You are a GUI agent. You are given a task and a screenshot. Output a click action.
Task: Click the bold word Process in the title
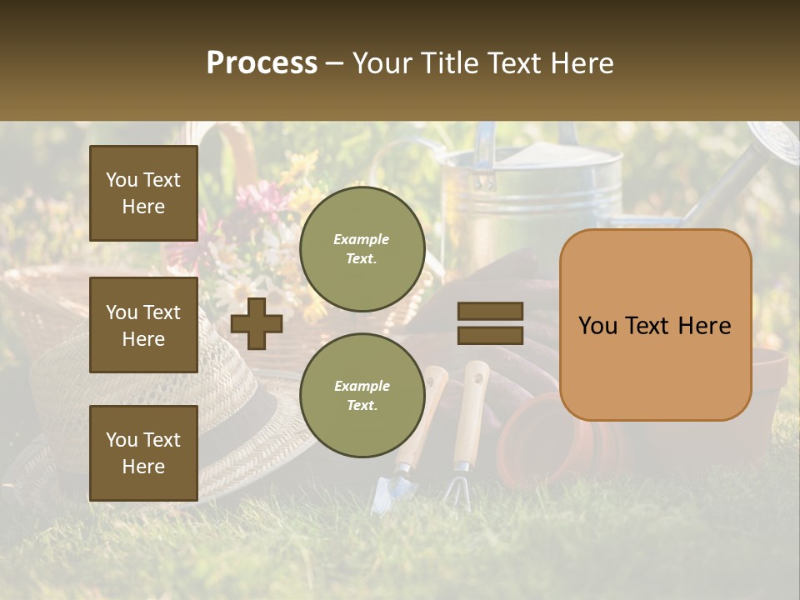[262, 63]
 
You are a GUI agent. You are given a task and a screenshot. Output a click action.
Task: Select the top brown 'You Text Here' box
[143, 193]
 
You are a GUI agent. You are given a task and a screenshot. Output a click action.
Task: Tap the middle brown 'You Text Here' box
[143, 325]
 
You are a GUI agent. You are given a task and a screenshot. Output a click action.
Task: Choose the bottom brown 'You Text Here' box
[143, 453]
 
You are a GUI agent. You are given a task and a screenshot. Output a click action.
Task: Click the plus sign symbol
[257, 323]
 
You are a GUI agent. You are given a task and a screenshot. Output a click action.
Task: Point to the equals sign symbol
[490, 323]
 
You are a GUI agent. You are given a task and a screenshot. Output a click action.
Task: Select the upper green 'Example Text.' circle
[362, 249]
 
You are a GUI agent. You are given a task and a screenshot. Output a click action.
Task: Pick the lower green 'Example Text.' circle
[362, 396]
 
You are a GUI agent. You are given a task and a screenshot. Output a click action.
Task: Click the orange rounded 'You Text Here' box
[655, 325]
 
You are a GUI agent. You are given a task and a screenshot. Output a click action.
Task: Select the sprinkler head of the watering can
[773, 142]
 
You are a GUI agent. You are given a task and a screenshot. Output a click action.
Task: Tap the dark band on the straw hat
[258, 417]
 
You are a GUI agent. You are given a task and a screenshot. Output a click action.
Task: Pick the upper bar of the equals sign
[490, 312]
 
